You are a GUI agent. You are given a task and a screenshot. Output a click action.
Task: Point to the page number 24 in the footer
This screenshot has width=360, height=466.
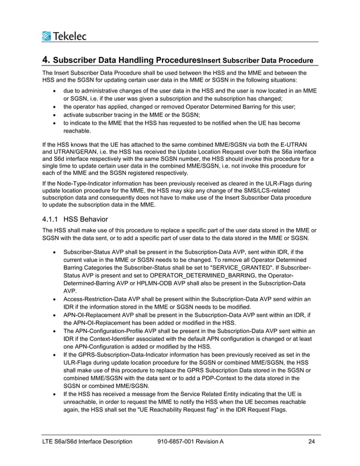coord(312,441)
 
